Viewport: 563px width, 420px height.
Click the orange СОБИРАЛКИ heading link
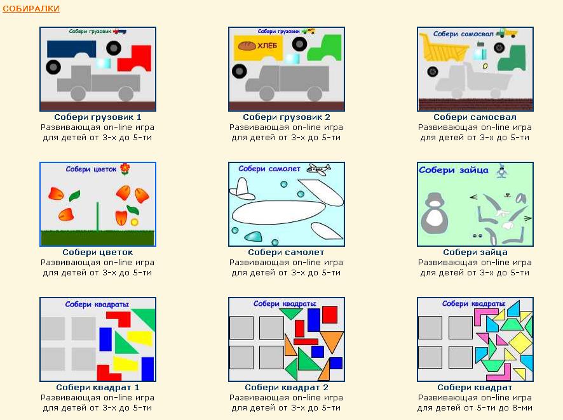[31, 9]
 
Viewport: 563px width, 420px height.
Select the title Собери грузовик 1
[98, 117]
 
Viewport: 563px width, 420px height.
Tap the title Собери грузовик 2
[287, 117]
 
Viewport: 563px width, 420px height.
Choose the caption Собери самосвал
[475, 117]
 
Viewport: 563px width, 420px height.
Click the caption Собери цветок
[98, 253]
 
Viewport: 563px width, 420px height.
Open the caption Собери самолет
[286, 253]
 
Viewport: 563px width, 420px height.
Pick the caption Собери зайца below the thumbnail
[475, 253]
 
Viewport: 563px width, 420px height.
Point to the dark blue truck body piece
[71, 48]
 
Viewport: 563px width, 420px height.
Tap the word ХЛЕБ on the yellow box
[267, 46]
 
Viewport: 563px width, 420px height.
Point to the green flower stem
[97, 217]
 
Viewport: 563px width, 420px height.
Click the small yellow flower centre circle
[135, 222]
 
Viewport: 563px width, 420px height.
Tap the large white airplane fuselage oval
[278, 212]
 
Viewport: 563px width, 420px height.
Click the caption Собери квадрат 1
[98, 388]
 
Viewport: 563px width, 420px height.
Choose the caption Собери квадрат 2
[287, 388]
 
